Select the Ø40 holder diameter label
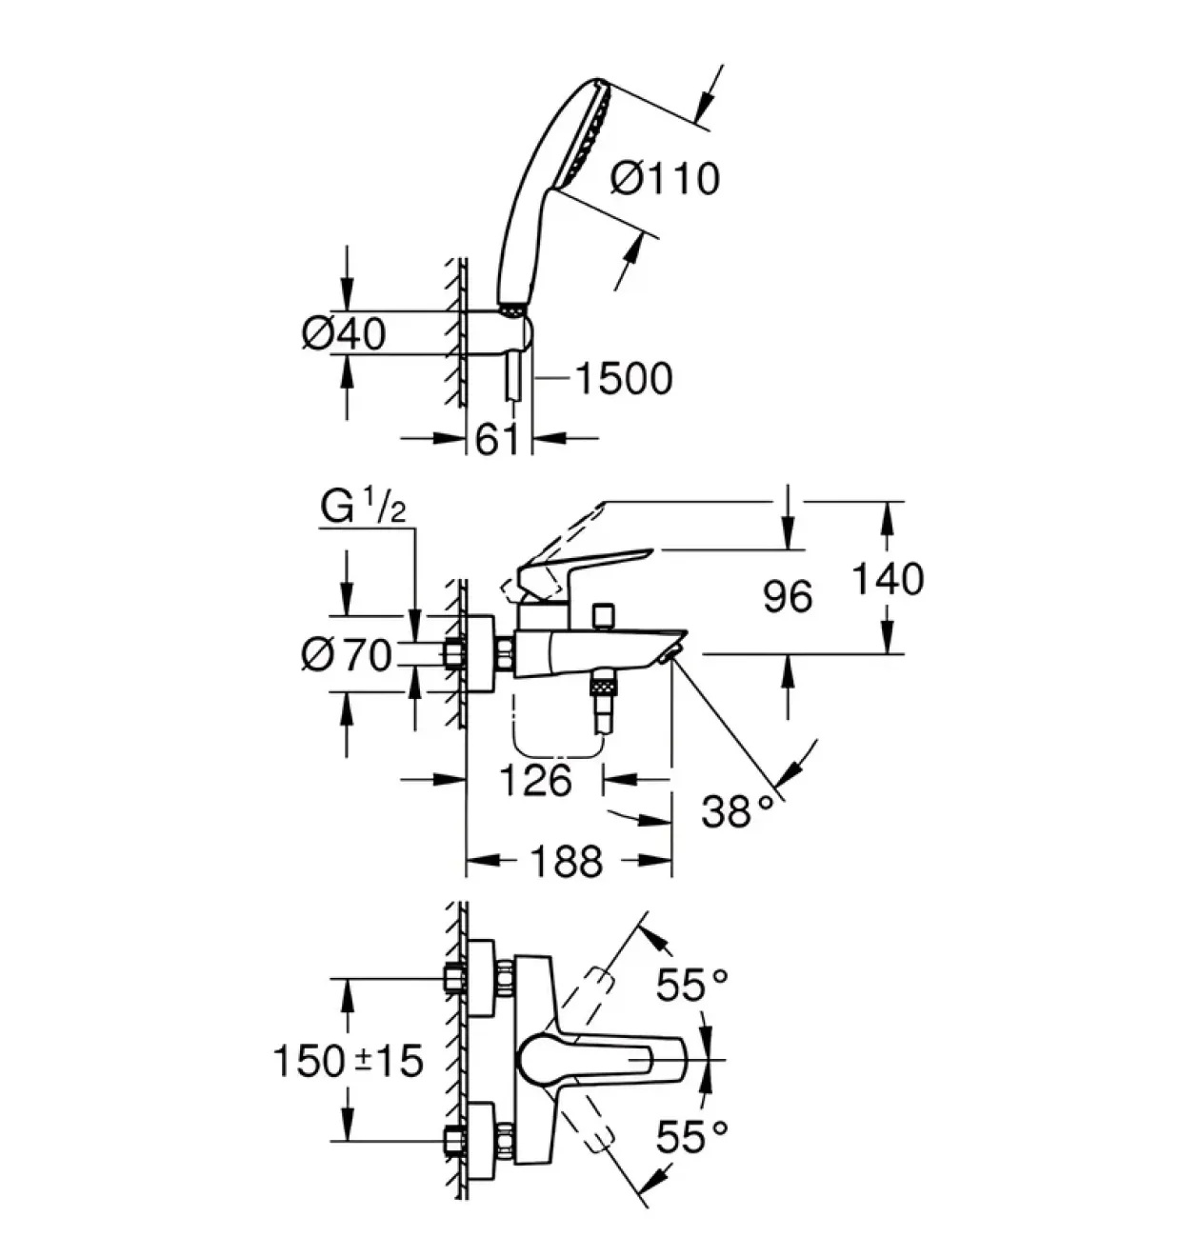click(344, 333)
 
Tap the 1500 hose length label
click(625, 378)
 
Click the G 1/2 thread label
click(363, 509)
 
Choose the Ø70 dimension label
click(346, 656)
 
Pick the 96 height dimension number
click(788, 596)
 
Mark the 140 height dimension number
click(888, 579)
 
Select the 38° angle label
click(736, 812)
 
